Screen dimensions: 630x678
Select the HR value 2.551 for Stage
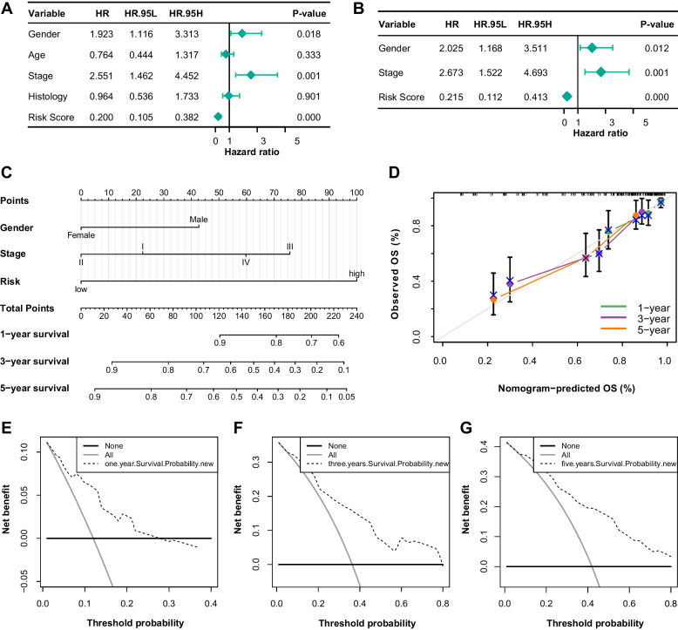[98, 75]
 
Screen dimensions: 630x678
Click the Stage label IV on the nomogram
[246, 261]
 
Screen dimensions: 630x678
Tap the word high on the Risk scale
[356, 274]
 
